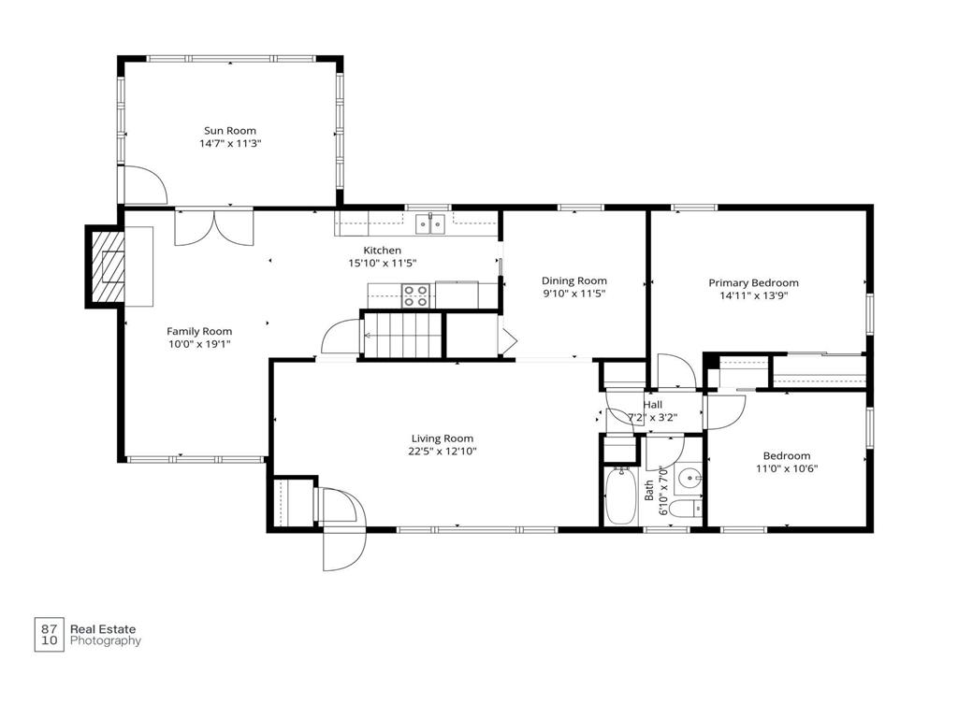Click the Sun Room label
230,131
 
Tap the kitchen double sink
430,223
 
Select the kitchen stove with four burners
415,296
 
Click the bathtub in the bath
621,495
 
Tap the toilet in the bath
686,508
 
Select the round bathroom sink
689,478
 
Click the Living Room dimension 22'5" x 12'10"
443,452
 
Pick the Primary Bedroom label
753,282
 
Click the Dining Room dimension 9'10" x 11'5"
574,294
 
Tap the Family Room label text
199,332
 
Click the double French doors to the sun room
214,227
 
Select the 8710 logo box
49,635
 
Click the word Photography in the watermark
106,641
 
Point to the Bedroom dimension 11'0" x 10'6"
787,469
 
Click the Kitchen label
383,251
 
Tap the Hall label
652,405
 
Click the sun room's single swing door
145,185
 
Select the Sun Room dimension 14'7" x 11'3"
230,144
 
